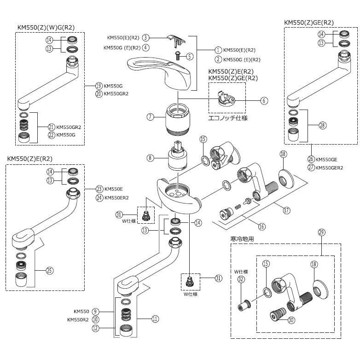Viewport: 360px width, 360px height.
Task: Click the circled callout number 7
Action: coord(150,116)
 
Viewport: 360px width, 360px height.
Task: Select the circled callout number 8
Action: coord(150,158)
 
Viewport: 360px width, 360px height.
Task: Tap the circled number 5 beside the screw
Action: coord(189,56)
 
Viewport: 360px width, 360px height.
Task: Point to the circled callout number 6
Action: coord(264,100)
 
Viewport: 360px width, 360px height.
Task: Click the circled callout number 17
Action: coord(286,210)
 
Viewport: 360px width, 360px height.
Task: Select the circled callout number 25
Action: coord(49,271)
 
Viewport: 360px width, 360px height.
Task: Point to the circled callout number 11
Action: coord(154,318)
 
